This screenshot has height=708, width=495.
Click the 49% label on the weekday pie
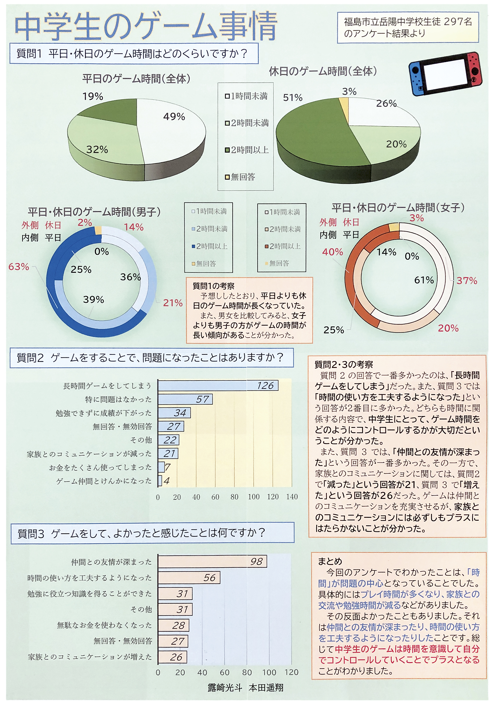click(174, 117)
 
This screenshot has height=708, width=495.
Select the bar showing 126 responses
click(218, 385)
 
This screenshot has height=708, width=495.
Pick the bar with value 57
click(185, 399)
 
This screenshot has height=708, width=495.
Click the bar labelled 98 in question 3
click(212, 561)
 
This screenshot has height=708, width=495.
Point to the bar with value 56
click(189, 578)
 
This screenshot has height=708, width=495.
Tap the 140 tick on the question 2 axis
click(292, 497)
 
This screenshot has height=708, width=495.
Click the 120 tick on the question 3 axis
click(291, 672)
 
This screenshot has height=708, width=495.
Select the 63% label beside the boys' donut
click(19, 267)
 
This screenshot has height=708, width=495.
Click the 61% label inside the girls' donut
click(424, 280)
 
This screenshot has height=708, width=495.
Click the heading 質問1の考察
click(213, 286)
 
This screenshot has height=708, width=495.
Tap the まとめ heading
click(330, 561)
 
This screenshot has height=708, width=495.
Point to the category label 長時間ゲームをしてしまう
click(107, 386)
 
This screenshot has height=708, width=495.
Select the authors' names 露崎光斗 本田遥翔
click(245, 688)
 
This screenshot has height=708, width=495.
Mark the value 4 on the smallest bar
click(167, 481)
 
